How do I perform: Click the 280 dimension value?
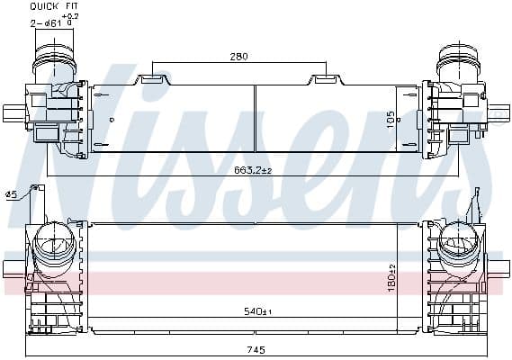(238, 57)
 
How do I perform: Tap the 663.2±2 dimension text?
(253, 170)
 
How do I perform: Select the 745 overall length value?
(256, 350)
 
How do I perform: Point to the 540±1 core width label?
(257, 311)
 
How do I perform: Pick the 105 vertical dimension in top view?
(391, 120)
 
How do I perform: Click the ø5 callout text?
(11, 194)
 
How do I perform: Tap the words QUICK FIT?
(54, 6)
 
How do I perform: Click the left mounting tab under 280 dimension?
(153, 79)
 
